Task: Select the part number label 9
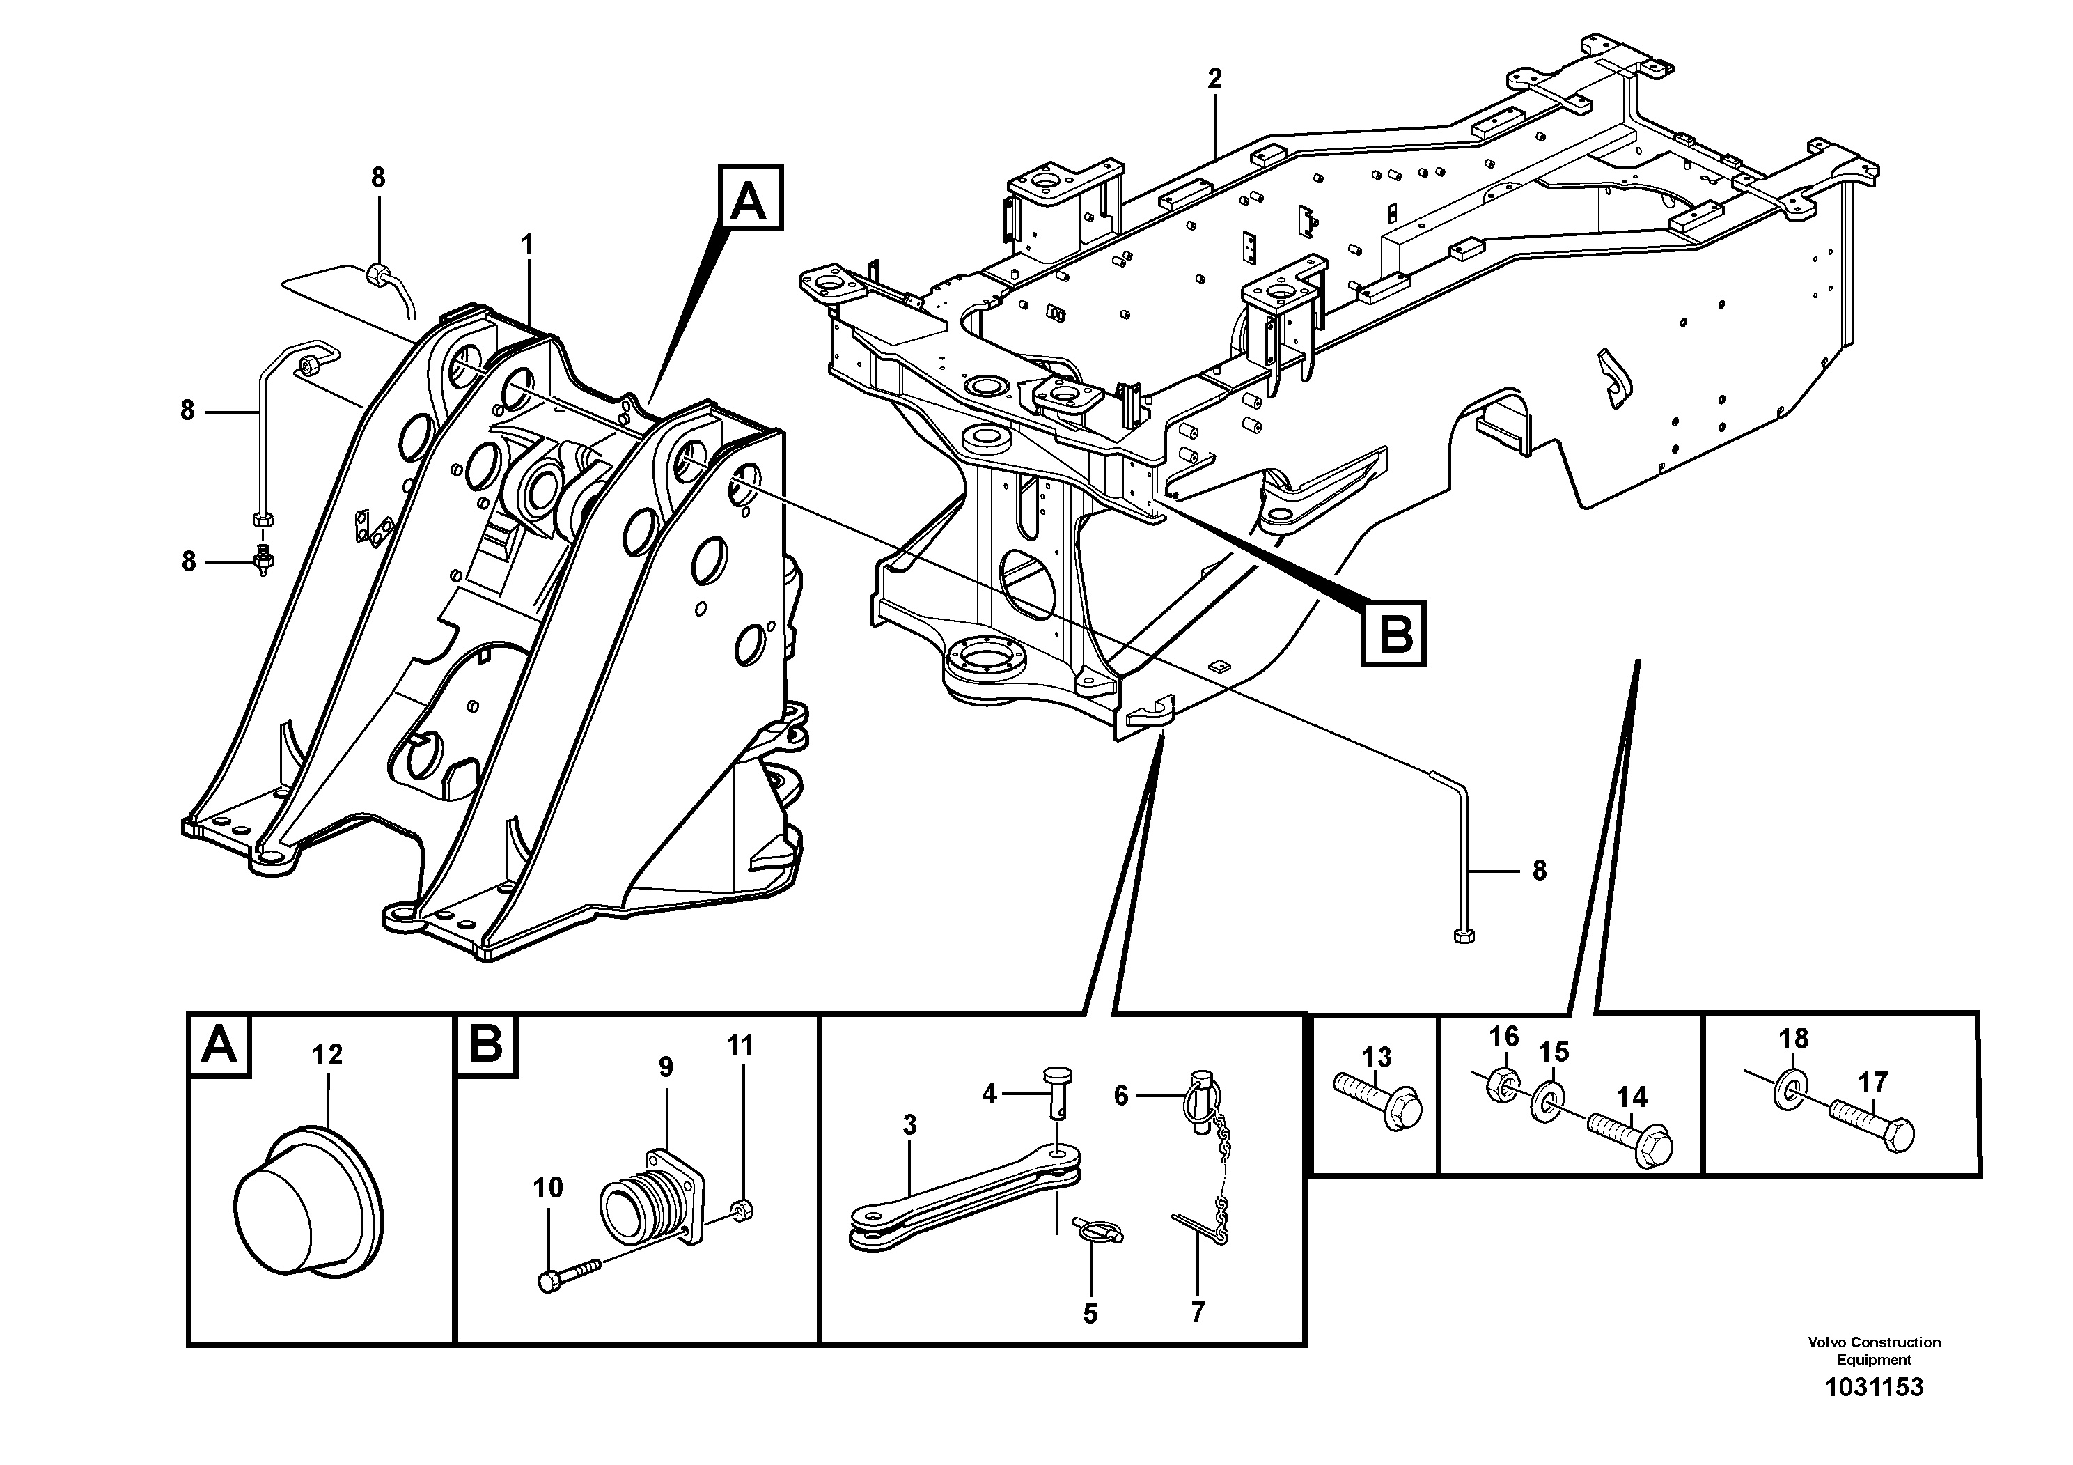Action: click(x=666, y=1068)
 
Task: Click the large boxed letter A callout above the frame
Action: click(x=749, y=198)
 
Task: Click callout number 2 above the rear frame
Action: click(x=1214, y=79)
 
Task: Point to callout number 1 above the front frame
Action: click(x=527, y=244)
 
